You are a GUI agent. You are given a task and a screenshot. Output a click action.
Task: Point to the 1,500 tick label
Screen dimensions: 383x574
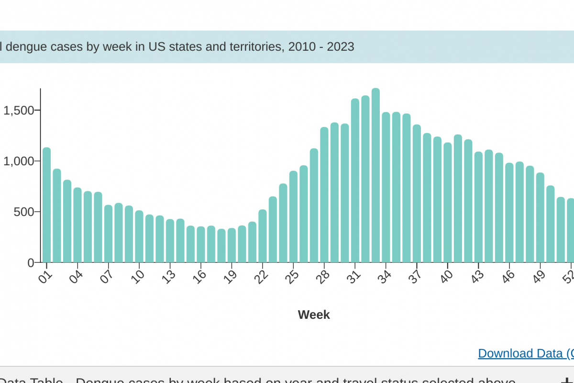(x=19, y=111)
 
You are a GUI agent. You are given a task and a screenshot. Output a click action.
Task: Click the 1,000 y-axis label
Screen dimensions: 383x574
(x=19, y=161)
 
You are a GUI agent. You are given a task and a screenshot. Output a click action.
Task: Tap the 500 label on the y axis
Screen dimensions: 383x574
(x=24, y=212)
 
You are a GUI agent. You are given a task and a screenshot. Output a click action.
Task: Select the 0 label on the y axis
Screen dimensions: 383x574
(x=31, y=263)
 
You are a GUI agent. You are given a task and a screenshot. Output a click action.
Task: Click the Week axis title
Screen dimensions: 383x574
(x=314, y=315)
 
